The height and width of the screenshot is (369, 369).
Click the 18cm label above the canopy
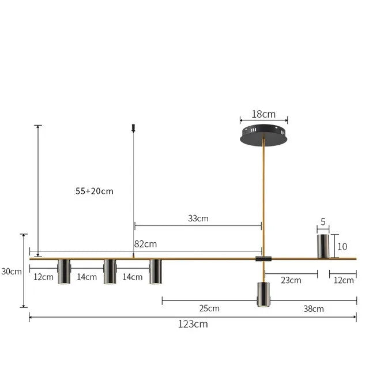(263, 114)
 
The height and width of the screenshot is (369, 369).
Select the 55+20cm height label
(94, 191)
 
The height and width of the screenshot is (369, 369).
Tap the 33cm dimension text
(198, 219)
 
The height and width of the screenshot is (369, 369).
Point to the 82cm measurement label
(145, 244)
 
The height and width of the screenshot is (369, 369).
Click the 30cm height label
(12, 271)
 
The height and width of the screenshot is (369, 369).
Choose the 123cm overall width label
(193, 324)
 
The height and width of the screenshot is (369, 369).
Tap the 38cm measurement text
(314, 308)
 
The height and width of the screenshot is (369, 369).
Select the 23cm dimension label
(291, 280)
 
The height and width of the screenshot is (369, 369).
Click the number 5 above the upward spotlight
(323, 221)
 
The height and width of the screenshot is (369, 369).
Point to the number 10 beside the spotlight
(342, 246)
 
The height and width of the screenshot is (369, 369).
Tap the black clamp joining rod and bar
(262, 259)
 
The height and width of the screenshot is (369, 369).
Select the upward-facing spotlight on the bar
(323, 246)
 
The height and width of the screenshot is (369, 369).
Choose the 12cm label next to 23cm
(344, 280)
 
